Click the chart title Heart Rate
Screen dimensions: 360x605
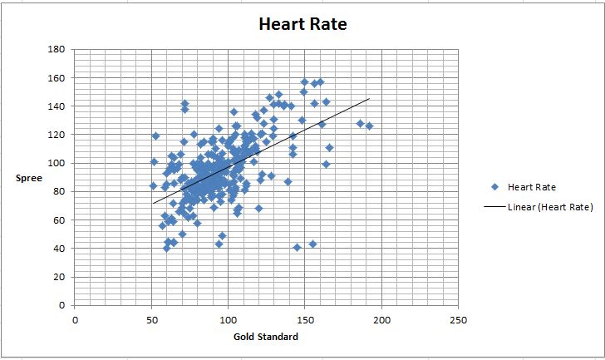(302, 24)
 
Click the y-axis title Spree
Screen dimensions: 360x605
(29, 178)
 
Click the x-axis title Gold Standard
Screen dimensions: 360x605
(266, 337)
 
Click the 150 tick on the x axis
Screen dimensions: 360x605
(305, 319)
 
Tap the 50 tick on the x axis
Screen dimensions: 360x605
(152, 319)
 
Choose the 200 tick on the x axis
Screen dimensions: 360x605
(381, 319)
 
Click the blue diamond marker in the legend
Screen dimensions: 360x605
(494, 187)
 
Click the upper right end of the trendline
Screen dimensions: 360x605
(369, 98)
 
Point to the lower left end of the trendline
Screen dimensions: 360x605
(152, 203)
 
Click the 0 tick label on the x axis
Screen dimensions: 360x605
(76, 319)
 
